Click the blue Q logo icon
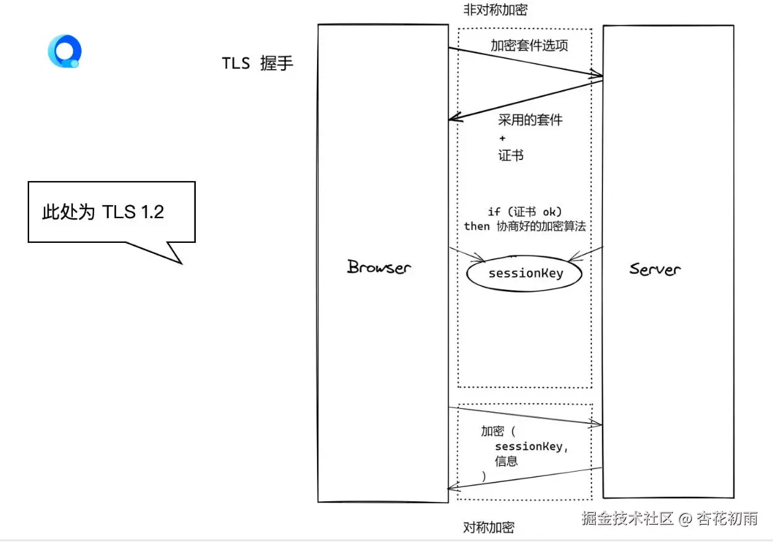click(64, 52)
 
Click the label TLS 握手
click(258, 63)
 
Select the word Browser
click(379, 268)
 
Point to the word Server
click(655, 269)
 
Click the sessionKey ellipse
click(525, 274)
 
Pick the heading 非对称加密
click(496, 10)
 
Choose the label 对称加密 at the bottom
click(488, 527)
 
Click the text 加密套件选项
click(529, 46)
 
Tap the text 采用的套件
click(530, 120)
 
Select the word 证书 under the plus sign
click(511, 156)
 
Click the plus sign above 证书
click(502, 138)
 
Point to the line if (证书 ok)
click(525, 212)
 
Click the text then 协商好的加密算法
click(525, 226)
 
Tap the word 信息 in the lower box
click(506, 461)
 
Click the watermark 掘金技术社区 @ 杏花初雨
click(669, 518)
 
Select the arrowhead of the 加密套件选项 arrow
click(598, 75)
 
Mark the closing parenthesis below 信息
click(484, 476)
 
